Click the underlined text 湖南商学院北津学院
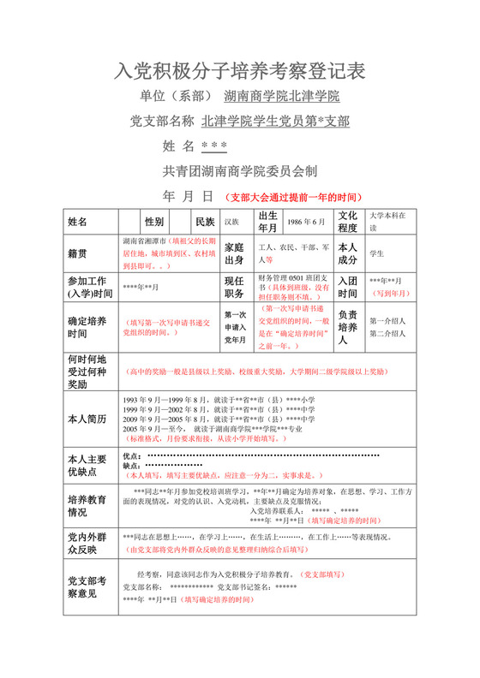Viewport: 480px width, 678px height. pyautogui.click(x=282, y=96)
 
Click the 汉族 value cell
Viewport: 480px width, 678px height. pyautogui.click(x=232, y=222)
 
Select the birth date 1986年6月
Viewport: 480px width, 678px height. pyautogui.click(x=308, y=222)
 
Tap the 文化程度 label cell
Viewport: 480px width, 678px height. pyautogui.click(x=348, y=222)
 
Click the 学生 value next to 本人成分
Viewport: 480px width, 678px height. pyautogui.click(x=377, y=253)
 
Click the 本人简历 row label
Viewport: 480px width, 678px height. pyautogui.click(x=86, y=419)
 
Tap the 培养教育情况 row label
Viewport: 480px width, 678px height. pyautogui.click(x=86, y=505)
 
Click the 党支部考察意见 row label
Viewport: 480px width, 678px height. pyautogui.click(x=86, y=586)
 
